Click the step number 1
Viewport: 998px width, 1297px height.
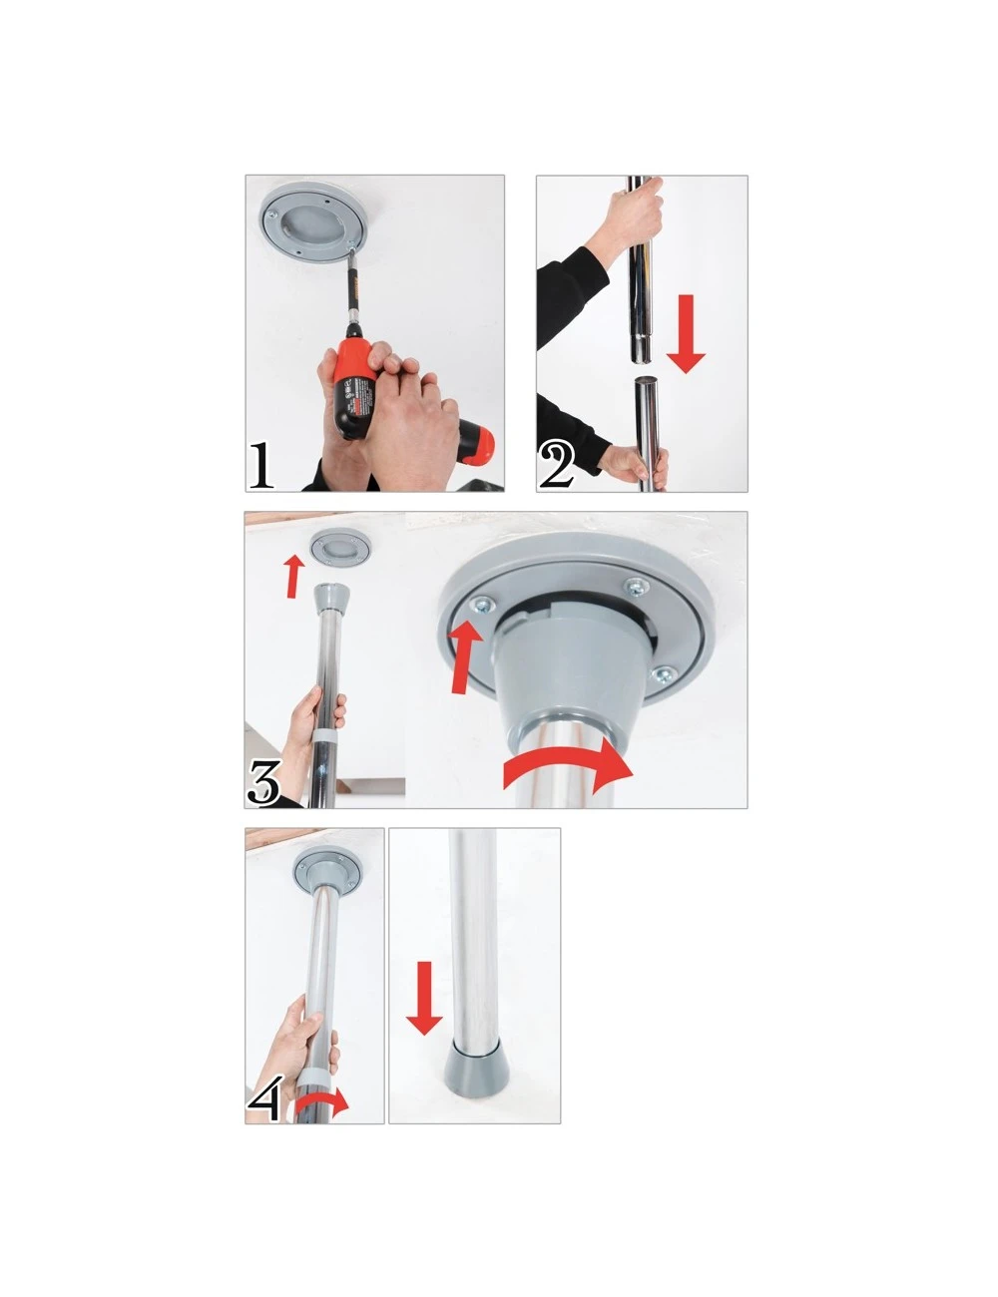click(x=260, y=466)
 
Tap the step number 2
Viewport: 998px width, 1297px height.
click(x=556, y=466)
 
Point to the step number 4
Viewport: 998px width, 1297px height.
click(x=263, y=1097)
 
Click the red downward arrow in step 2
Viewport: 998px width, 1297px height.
click(x=686, y=333)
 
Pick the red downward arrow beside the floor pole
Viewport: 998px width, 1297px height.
click(x=424, y=998)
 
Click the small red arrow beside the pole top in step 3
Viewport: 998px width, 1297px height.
click(x=293, y=577)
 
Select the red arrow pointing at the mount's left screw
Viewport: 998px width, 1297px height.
click(x=464, y=656)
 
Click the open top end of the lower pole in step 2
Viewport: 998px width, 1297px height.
click(x=647, y=380)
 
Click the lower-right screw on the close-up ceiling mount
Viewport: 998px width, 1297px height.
click(x=663, y=675)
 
